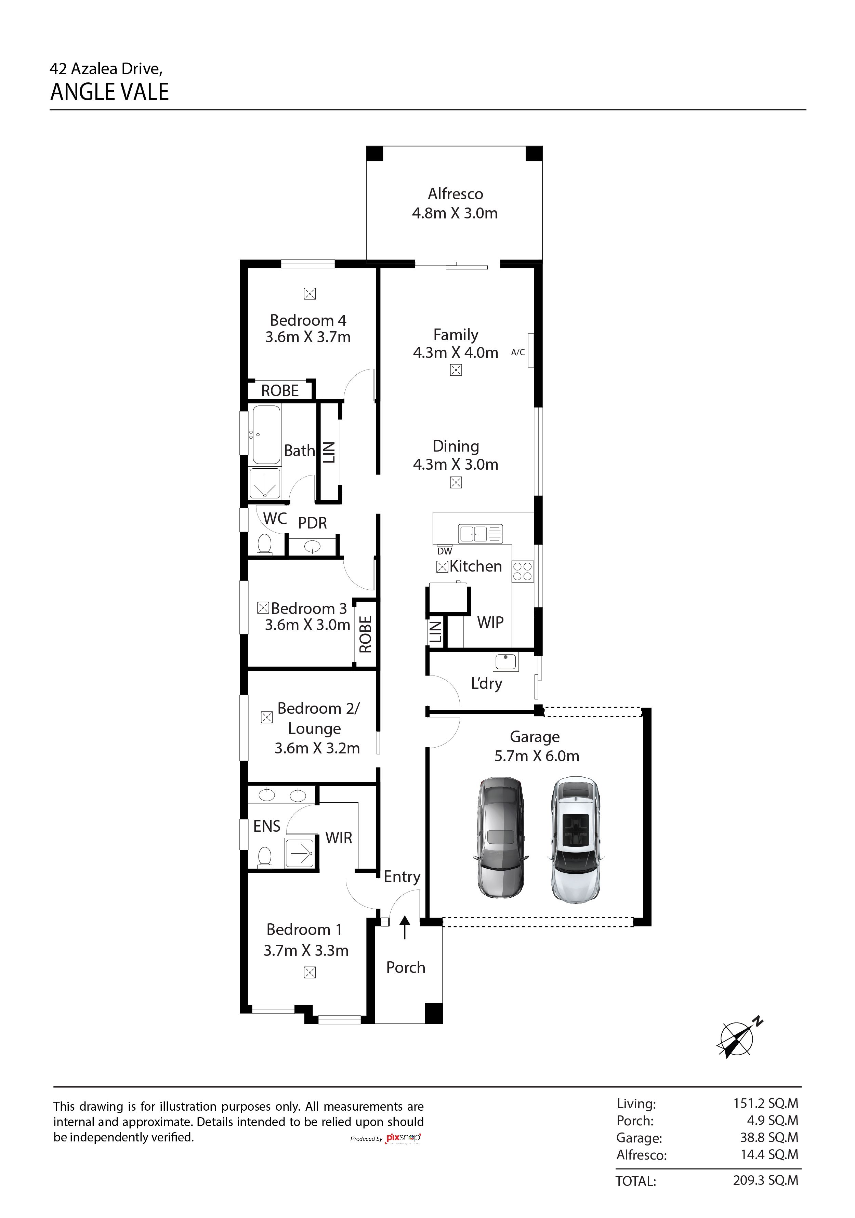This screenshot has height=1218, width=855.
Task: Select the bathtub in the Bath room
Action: [x=266, y=435]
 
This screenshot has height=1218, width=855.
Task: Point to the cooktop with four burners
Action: [x=522, y=571]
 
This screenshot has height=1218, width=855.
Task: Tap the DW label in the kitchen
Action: [x=445, y=551]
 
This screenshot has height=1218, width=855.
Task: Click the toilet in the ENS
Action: [x=264, y=857]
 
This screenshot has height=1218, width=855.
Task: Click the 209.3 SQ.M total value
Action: [x=766, y=1180]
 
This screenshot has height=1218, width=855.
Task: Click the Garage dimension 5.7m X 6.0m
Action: [x=537, y=755]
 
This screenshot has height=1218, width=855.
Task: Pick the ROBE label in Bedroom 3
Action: [x=365, y=634]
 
